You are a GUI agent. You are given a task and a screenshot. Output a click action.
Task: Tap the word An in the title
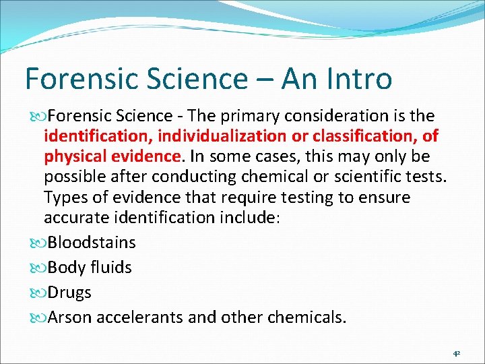299,79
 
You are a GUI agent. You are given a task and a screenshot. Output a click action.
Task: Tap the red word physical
74,157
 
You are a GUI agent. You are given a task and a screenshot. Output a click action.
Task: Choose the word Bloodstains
92,242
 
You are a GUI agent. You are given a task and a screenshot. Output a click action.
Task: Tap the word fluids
111,268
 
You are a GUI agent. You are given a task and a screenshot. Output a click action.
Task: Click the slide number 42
456,352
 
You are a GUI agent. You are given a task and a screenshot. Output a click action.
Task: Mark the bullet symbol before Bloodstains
39,243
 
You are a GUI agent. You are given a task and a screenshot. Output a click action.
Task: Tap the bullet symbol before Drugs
39,293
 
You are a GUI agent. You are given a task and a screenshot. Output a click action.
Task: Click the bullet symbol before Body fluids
39,268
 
